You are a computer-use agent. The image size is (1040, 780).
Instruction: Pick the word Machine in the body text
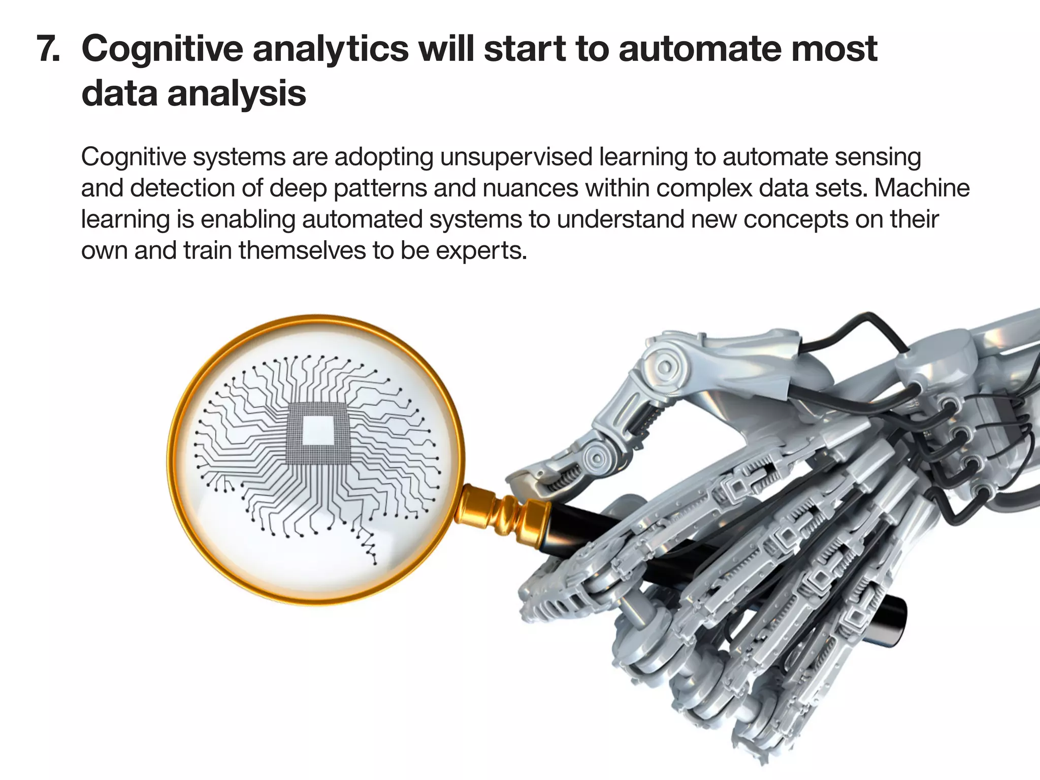tap(922, 188)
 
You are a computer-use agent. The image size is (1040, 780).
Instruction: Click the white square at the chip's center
tap(318, 430)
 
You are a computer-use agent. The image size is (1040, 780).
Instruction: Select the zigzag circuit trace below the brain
tap(368, 546)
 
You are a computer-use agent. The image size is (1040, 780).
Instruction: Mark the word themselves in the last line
tap(302, 251)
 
